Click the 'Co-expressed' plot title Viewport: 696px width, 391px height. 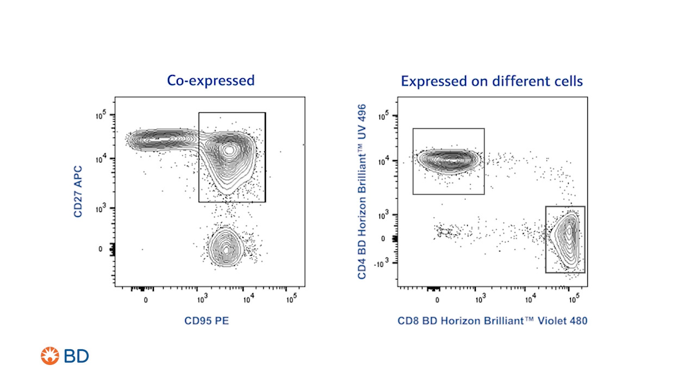(x=210, y=81)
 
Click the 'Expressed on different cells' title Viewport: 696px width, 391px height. (x=492, y=81)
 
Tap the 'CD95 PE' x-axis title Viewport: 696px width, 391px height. (x=207, y=321)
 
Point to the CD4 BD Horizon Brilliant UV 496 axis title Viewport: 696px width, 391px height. (x=363, y=192)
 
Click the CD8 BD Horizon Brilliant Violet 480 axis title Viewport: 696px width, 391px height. (x=492, y=321)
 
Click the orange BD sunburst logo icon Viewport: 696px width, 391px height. (x=49, y=356)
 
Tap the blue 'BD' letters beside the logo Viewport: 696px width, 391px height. (x=76, y=356)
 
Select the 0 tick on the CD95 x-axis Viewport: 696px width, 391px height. (x=145, y=299)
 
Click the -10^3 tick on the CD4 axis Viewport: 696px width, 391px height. (x=386, y=263)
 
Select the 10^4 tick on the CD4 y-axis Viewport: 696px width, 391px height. (x=386, y=161)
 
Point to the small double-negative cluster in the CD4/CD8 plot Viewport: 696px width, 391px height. (x=444, y=232)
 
